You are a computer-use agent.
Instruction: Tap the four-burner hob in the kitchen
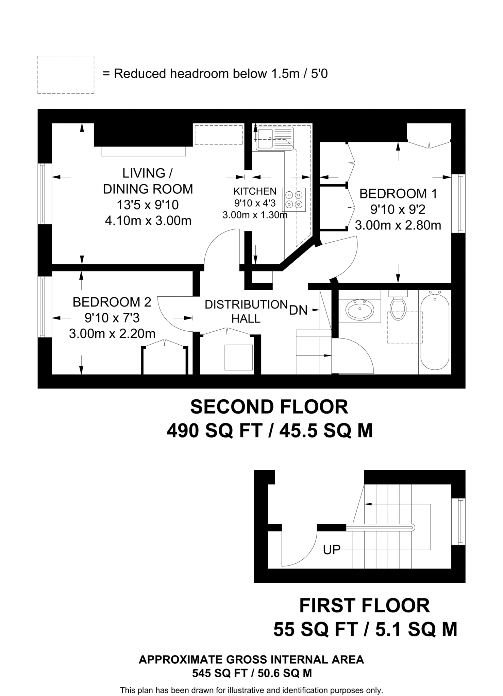[294, 199]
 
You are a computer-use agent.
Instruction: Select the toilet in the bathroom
[398, 305]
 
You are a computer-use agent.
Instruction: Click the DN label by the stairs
[298, 310]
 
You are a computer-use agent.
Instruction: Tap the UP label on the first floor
[332, 550]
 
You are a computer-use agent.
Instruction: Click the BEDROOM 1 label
[398, 194]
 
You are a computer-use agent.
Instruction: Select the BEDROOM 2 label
[112, 302]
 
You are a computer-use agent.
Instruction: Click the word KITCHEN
[255, 191]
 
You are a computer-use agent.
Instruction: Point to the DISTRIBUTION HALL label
[246, 312]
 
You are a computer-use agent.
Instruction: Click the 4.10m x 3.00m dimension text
[148, 221]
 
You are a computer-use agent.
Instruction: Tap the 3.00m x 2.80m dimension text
[398, 225]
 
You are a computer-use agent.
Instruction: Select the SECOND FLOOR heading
[269, 407]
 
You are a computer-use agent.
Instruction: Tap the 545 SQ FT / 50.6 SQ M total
[252, 673]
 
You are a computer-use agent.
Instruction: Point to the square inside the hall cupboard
[238, 357]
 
